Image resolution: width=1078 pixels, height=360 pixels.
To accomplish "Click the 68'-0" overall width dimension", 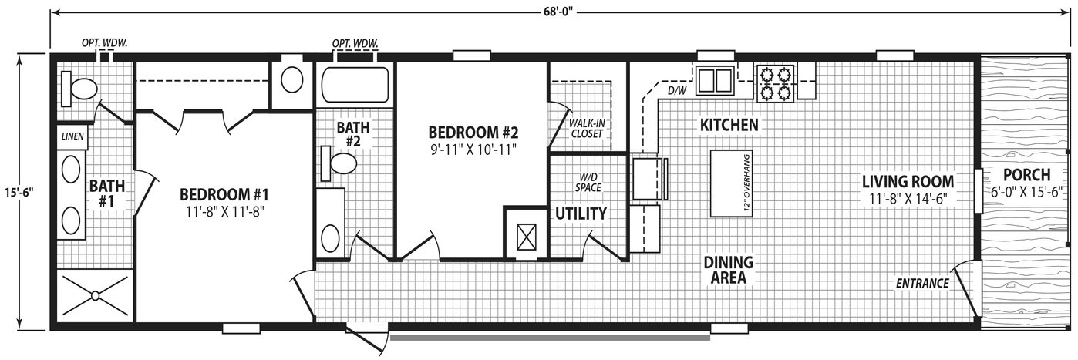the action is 558,12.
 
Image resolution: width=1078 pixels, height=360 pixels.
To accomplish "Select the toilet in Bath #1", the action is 79,89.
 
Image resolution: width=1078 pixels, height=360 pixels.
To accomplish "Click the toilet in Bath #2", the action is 339,163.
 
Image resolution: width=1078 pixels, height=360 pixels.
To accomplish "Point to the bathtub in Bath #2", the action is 355,86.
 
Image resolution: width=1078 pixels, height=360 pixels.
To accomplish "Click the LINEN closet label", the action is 72,136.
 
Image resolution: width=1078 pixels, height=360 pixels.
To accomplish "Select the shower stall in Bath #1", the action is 96,295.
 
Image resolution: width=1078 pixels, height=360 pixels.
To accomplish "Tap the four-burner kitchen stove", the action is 775,84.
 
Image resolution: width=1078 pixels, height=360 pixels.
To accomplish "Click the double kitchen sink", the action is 715,80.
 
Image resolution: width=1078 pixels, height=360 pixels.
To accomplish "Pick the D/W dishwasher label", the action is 676,90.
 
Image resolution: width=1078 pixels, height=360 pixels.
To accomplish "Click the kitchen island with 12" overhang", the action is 731,183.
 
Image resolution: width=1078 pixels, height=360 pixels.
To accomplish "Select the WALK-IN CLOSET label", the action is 586,129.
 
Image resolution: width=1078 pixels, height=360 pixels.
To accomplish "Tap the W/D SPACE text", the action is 588,182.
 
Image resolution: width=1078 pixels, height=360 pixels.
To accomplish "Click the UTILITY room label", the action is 581,214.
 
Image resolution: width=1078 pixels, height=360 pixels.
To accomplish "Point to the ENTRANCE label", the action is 922,284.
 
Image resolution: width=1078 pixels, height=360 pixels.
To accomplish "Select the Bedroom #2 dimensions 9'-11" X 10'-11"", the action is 473,150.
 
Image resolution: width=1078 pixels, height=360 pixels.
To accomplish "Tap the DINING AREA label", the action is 729,270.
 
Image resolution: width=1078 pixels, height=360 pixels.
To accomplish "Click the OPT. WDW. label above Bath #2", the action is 355,44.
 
